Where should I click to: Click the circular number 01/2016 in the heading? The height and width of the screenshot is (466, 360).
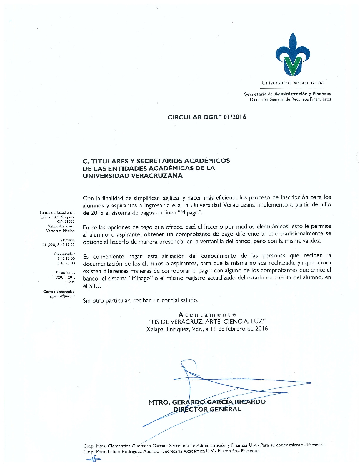tap(235, 117)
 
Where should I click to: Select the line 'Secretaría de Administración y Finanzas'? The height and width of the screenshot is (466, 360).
tap(287, 94)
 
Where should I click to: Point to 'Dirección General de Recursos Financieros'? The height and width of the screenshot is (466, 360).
tap(290, 99)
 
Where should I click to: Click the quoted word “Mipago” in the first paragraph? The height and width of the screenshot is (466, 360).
tap(190, 212)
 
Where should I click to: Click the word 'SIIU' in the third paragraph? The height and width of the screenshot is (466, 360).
tap(94, 286)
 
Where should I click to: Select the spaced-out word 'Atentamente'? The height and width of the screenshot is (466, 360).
tap(207, 314)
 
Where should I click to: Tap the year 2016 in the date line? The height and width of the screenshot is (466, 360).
tap(261, 329)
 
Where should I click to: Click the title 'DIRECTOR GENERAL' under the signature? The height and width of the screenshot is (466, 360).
tap(207, 409)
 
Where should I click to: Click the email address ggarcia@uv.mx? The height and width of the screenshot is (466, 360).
tap(62, 296)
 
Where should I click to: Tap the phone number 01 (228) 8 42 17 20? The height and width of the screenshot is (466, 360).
tap(59, 245)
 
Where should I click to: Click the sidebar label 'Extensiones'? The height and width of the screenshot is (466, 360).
tap(65, 273)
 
